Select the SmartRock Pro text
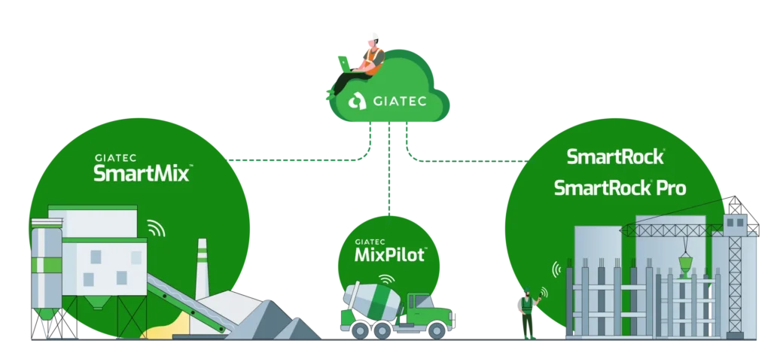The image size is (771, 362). pyautogui.click(x=620, y=187)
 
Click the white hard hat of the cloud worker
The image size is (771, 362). pyautogui.click(x=370, y=35)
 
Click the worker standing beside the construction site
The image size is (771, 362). pyautogui.click(x=528, y=312)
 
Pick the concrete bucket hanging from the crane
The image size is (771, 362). pyautogui.click(x=684, y=263)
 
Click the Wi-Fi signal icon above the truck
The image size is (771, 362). pyautogui.click(x=386, y=278)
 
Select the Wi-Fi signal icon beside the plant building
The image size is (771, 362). pyautogui.click(x=156, y=228)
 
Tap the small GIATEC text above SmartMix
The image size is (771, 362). pyautogui.click(x=114, y=158)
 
